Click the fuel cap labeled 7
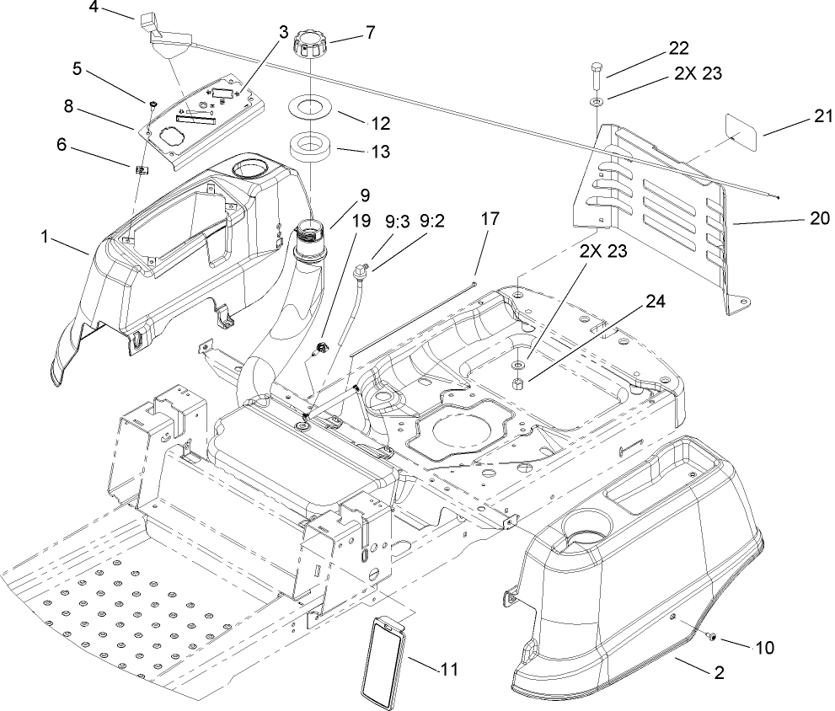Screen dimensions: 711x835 tap(308, 46)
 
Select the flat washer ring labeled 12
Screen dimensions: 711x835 tap(312, 110)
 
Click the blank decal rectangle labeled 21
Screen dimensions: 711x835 tap(741, 133)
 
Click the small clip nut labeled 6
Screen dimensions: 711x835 tap(142, 173)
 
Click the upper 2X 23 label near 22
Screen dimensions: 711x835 tap(698, 73)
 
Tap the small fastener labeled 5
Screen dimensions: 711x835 tap(151, 104)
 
